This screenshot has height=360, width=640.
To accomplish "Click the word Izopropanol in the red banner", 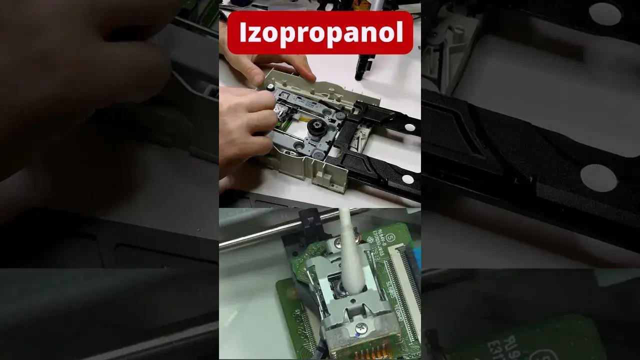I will (x=320, y=32).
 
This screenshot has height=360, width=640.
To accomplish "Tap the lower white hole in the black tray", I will (x=407, y=179).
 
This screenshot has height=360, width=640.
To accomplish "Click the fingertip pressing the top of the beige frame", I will (x=306, y=76).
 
